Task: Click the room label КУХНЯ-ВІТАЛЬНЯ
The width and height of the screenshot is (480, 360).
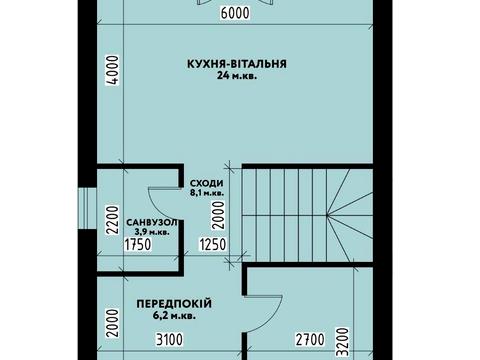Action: pyautogui.click(x=237, y=63)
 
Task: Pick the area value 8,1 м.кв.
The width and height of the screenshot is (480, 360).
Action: pyautogui.click(x=207, y=194)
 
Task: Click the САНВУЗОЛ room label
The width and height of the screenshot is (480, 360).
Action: pyautogui.click(x=152, y=221)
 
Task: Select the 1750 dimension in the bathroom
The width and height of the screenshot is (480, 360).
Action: pyautogui.click(x=137, y=244)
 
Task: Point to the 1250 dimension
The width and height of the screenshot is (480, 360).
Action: pyautogui.click(x=212, y=244)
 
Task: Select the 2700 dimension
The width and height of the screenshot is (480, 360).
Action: pyautogui.click(x=308, y=341)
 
